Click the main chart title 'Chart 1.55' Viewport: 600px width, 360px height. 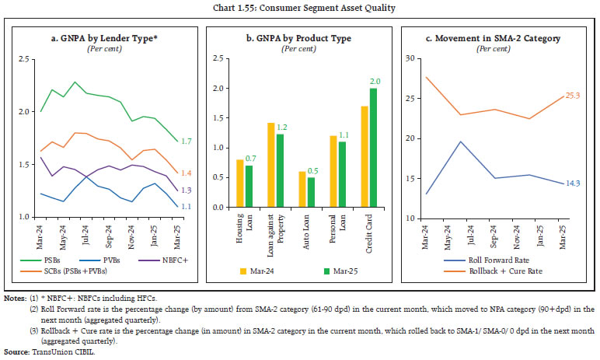(299, 9)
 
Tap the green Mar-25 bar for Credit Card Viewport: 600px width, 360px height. (373, 153)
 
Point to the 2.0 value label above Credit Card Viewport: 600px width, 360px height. (375, 82)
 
